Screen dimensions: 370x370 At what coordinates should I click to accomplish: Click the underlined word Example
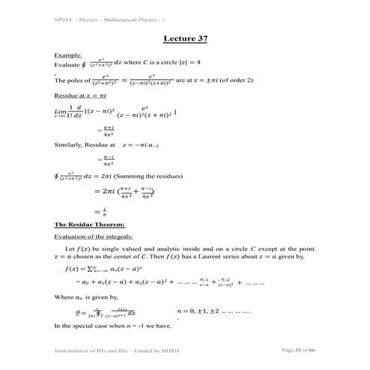[67, 55]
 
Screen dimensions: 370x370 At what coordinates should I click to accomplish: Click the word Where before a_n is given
[65, 297]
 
